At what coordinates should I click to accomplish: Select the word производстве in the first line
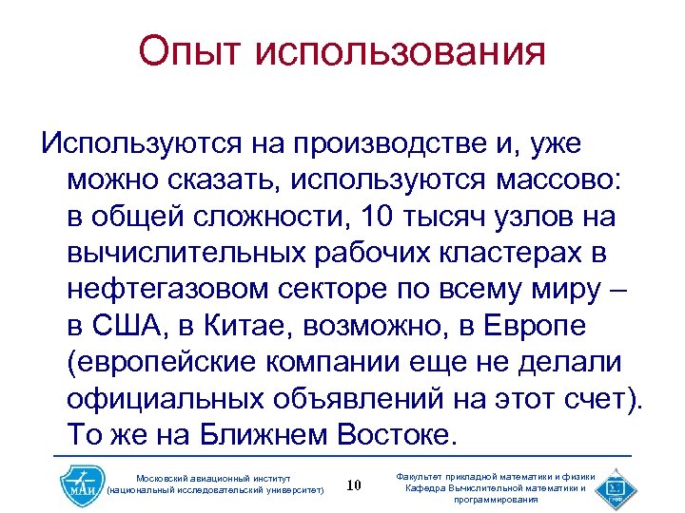pos(389,143)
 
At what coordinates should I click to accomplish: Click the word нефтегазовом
pos(171,290)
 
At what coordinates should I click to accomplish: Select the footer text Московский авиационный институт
pos(215,476)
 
